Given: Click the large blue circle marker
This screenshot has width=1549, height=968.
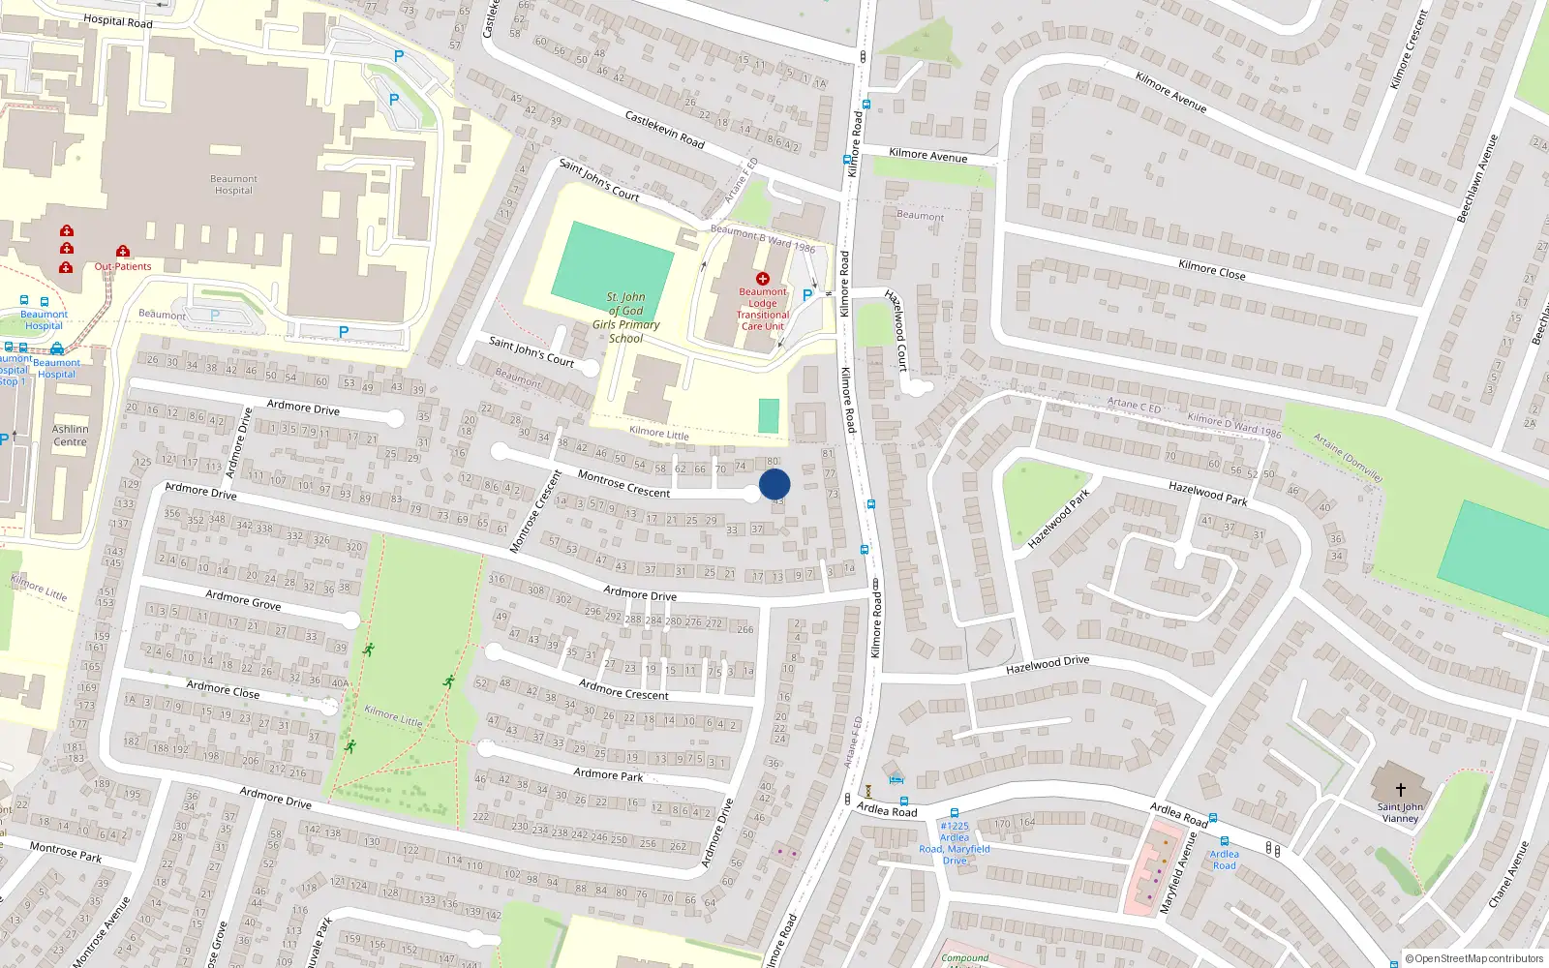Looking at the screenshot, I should click(x=774, y=484).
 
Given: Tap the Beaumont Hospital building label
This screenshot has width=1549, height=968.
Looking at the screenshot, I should click(x=233, y=185).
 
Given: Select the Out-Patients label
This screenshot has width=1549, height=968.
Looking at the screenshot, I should click(x=123, y=266).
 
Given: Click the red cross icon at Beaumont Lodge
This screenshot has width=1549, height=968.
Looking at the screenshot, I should click(x=763, y=279).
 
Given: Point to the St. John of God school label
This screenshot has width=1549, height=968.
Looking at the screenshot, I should click(x=625, y=318).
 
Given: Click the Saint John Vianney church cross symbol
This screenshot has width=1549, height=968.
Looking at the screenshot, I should click(x=1400, y=790).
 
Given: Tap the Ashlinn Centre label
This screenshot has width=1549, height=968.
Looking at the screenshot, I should click(x=70, y=436).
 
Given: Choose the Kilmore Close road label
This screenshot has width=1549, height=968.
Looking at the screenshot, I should click(x=1211, y=269).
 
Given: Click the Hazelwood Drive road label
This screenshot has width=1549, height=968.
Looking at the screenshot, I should click(x=1048, y=664).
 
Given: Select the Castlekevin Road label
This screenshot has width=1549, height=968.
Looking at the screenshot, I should click(x=664, y=130).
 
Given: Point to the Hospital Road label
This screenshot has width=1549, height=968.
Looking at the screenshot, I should click(x=118, y=21).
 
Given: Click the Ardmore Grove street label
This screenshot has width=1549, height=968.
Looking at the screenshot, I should click(x=243, y=600).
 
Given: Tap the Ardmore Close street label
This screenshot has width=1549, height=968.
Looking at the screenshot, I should click(x=223, y=689).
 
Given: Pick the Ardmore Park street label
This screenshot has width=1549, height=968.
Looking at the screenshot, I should click(x=608, y=774).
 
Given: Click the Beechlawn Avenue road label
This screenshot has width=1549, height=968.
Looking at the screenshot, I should click(x=1477, y=179).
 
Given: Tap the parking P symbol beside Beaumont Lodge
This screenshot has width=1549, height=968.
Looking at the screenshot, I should click(x=806, y=295).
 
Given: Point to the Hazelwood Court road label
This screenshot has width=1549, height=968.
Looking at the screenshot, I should click(x=896, y=330).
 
